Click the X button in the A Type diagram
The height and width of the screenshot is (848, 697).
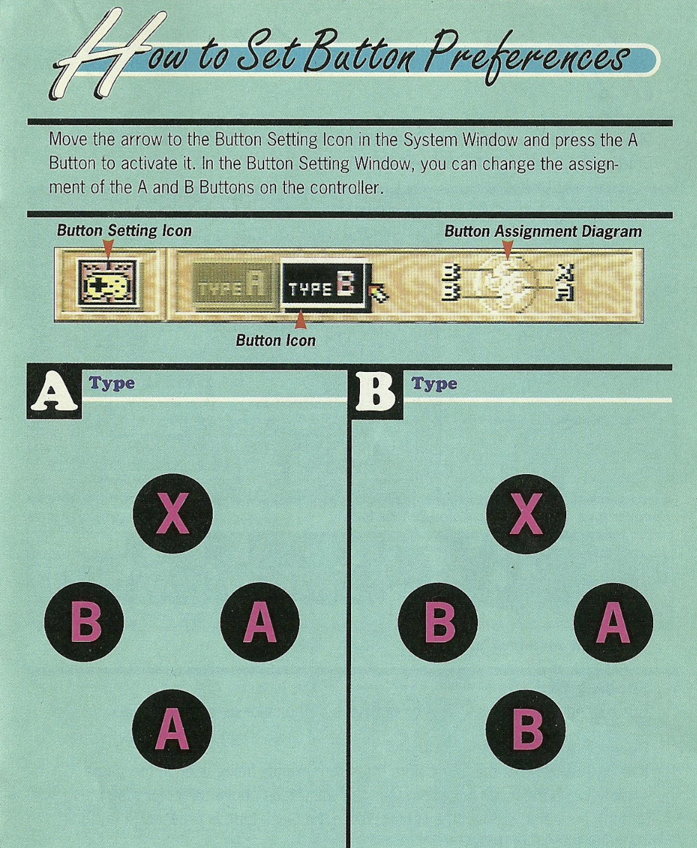pyautogui.click(x=173, y=513)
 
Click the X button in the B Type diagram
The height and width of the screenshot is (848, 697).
pyautogui.click(x=526, y=513)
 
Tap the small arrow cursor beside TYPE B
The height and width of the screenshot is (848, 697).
pyautogui.click(x=379, y=294)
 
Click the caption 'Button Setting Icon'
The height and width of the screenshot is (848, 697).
pyautogui.click(x=124, y=230)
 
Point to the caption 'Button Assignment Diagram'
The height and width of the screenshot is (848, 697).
pyautogui.click(x=543, y=231)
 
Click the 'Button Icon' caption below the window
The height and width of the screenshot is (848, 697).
pyautogui.click(x=275, y=340)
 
